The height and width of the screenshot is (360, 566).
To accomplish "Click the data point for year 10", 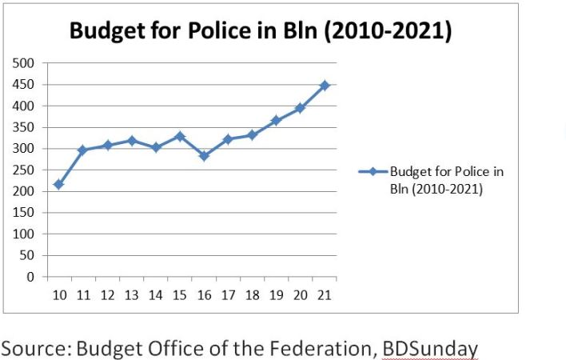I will click(x=58, y=185).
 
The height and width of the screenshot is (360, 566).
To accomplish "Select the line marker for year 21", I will click(x=325, y=85).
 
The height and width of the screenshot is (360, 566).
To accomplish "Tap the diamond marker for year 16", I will click(x=204, y=156).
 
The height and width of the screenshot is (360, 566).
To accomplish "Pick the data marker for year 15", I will click(x=180, y=136).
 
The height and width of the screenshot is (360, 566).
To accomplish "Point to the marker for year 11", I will click(x=82, y=150).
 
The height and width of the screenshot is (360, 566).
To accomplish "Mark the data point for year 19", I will click(x=277, y=120).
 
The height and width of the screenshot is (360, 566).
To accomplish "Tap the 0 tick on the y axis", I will click(x=31, y=277).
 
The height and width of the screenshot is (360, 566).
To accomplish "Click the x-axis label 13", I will click(x=131, y=294).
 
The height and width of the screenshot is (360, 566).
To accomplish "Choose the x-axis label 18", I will click(x=252, y=294).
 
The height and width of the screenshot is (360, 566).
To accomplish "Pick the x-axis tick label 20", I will click(x=301, y=294).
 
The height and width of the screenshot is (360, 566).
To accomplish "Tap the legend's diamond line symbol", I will click(x=371, y=171).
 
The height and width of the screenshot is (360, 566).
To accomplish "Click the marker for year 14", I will click(x=156, y=147).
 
